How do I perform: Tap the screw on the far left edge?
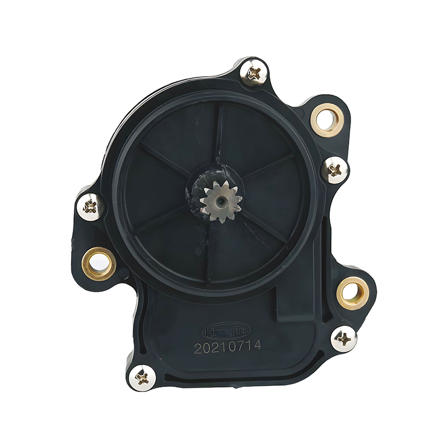[90, 206]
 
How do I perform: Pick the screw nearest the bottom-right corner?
[344, 339]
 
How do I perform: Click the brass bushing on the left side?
[99, 263]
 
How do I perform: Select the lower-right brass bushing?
[352, 292]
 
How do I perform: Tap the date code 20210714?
[228, 347]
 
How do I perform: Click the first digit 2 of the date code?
[198, 348]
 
